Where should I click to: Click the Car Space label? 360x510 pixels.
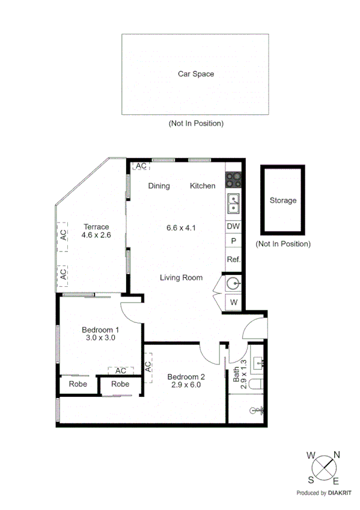click(195, 74)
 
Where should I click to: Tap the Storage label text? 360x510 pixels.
click(282, 200)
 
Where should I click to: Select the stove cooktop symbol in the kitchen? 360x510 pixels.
click(233, 180)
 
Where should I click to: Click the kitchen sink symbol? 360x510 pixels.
click(233, 204)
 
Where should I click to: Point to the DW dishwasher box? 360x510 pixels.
click(233, 227)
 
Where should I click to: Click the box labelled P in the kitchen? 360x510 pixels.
click(233, 241)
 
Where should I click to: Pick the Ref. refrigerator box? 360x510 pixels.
click(233, 260)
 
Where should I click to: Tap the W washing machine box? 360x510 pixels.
click(233, 302)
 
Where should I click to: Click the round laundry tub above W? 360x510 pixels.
click(233, 282)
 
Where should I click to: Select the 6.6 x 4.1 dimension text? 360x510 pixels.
click(181, 227)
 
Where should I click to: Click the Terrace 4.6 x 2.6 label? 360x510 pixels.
click(96, 231)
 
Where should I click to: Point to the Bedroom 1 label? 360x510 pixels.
click(100, 334)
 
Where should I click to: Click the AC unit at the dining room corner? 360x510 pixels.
click(141, 166)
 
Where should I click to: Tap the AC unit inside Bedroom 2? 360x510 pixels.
click(148, 367)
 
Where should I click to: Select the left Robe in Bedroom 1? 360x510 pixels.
click(78, 384)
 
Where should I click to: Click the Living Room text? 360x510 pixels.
click(181, 277)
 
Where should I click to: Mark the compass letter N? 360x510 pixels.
click(337, 455)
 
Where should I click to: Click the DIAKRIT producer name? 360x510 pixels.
click(341, 493)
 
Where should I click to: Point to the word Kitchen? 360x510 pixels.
click(203, 186)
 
